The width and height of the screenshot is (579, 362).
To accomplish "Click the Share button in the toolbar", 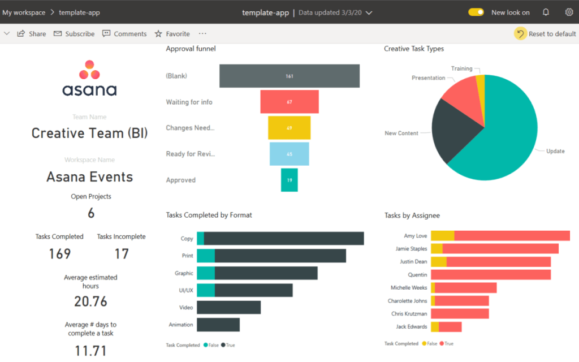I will [32, 34].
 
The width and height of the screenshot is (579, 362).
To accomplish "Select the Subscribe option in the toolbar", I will [74, 34].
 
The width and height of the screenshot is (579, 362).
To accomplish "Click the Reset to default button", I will [546, 34].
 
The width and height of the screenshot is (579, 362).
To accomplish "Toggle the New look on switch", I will [476, 12].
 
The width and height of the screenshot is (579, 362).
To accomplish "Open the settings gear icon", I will [569, 12].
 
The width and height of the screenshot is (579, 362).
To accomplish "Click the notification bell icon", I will [546, 12].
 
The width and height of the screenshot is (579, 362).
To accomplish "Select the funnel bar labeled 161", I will [289, 76].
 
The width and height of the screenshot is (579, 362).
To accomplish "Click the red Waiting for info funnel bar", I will [289, 102].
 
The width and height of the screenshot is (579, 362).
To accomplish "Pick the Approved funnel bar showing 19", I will [289, 180].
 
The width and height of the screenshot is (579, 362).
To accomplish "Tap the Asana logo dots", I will [89, 70].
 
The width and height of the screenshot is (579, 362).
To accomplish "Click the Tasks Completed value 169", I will [59, 254].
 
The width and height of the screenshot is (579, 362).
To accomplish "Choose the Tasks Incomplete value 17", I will [122, 254].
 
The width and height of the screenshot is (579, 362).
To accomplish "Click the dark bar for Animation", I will [218, 325].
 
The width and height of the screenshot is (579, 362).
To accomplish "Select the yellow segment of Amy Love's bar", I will [443, 236].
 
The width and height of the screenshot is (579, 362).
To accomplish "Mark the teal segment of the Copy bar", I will [200, 239].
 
